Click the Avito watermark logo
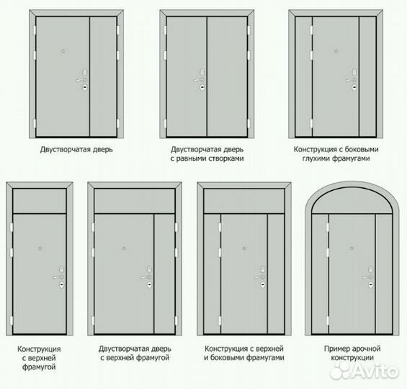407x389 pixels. point(364,372)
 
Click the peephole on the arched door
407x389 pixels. point(352,249)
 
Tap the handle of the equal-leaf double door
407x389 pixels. point(198,80)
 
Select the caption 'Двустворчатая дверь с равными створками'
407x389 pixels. point(207,154)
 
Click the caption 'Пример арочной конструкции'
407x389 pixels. point(352,353)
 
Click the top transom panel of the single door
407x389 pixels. point(40,201)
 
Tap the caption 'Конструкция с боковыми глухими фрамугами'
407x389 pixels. point(336,154)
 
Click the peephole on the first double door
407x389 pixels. point(63,51)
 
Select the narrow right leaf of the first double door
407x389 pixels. point(103,76)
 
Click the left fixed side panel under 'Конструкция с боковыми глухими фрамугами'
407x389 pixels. point(304,76)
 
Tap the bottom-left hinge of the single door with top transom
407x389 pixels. point(11,321)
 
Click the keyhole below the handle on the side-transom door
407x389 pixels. point(354,88)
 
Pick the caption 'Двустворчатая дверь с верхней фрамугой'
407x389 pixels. point(135,353)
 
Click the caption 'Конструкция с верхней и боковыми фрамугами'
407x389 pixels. point(244,353)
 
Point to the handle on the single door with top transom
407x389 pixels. point(58,277)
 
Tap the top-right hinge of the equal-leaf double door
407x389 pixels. point(249,30)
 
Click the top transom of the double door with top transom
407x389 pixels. point(135,201)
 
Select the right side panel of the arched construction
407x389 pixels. point(384,274)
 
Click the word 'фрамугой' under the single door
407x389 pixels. point(39,367)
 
